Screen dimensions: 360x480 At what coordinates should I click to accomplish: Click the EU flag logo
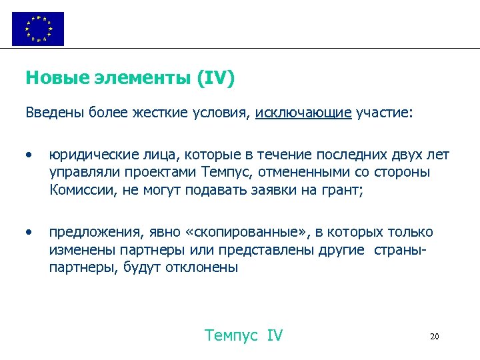pos(38,29)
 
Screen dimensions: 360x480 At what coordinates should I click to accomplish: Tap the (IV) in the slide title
pos(215,79)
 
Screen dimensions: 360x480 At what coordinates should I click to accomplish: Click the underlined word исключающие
pos(303,113)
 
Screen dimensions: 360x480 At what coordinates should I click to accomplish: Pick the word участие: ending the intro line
pos(385,113)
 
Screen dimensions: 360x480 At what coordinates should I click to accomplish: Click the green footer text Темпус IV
pos(244,335)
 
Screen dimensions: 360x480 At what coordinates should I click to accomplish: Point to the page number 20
pos(434,337)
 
